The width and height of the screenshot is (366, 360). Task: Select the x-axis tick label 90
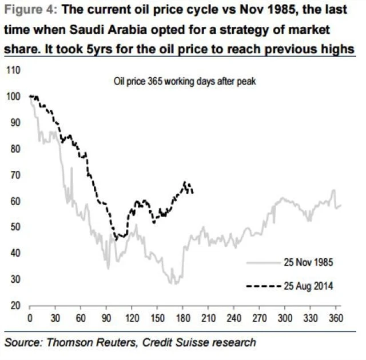[106, 318]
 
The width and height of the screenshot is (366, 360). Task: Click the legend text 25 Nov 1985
[308, 263]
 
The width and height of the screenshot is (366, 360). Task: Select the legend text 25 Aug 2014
[308, 286]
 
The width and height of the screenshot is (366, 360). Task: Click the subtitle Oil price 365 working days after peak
[184, 81]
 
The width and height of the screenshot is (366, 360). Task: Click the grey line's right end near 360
[341, 205]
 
